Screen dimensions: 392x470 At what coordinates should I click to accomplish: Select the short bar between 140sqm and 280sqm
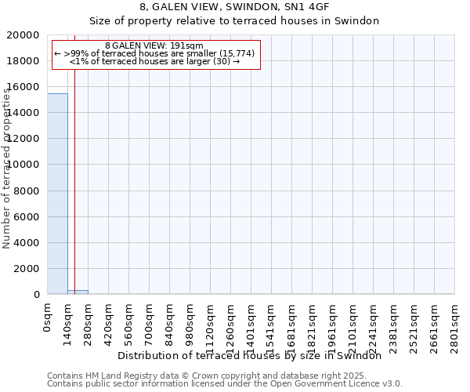[x=78, y=292]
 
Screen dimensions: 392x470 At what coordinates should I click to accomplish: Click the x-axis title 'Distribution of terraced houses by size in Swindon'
[x=255, y=355]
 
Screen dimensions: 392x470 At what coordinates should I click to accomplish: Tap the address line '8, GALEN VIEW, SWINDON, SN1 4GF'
[x=234, y=8]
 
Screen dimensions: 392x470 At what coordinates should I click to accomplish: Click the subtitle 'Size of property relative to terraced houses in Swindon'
[x=234, y=21]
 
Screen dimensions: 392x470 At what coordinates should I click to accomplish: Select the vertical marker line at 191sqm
[x=74, y=157]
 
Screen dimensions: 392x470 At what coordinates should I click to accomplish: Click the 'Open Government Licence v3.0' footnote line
[x=225, y=384]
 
